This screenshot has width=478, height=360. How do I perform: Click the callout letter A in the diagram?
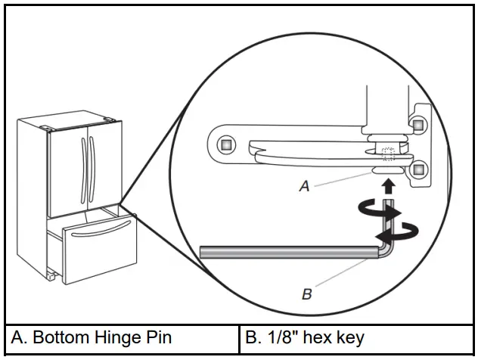304,185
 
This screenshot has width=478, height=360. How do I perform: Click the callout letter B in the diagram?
306,294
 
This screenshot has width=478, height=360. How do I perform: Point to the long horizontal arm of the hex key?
287,251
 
